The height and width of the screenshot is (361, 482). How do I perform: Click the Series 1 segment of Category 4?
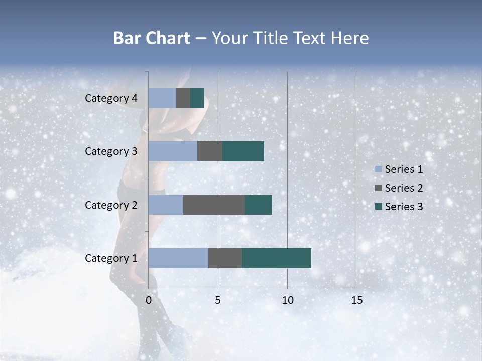pyautogui.click(x=162, y=98)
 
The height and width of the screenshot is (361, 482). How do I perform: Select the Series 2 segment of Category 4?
pyautogui.click(x=183, y=98)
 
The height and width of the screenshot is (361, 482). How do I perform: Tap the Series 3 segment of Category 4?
pyautogui.click(x=197, y=98)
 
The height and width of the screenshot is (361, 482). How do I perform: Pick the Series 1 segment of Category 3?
pyautogui.click(x=173, y=151)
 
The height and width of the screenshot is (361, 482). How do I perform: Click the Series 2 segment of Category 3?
pyautogui.click(x=210, y=151)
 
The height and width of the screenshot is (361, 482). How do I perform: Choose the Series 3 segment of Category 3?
pyautogui.click(x=243, y=151)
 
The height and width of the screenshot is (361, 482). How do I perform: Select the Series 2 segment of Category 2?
pyautogui.click(x=214, y=205)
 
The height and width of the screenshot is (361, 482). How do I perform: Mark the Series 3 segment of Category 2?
pyautogui.click(x=258, y=205)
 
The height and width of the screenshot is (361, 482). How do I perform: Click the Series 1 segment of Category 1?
pyautogui.click(x=178, y=258)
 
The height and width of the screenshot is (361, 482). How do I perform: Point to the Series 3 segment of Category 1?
pyautogui.click(x=276, y=258)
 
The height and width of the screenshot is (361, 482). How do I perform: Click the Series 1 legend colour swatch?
pyautogui.click(x=378, y=169)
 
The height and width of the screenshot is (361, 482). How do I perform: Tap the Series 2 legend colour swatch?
pyautogui.click(x=378, y=188)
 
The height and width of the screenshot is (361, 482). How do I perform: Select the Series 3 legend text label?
pyautogui.click(x=404, y=207)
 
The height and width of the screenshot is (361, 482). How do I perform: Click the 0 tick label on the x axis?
pyautogui.click(x=149, y=300)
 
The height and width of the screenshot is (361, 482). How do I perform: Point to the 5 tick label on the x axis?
pyautogui.click(x=218, y=300)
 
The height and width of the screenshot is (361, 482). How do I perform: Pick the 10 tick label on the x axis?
pyautogui.click(x=287, y=300)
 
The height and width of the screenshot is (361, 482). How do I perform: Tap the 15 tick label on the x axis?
pyautogui.click(x=356, y=300)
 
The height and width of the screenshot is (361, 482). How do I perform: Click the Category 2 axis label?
pyautogui.click(x=111, y=205)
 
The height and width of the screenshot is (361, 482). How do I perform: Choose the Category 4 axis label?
pyautogui.click(x=111, y=98)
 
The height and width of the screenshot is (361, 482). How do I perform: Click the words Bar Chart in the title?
pyautogui.click(x=152, y=38)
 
